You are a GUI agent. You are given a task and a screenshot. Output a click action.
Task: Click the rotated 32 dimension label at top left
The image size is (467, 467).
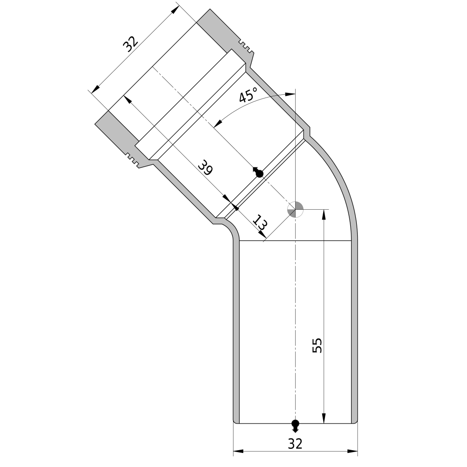tap(131, 44)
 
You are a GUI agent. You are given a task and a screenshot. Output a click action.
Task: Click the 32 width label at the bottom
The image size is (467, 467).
tap(295, 444)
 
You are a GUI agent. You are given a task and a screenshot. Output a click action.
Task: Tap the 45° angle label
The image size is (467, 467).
tap(248, 94)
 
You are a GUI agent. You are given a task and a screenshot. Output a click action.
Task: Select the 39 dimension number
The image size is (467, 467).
tap(205, 167)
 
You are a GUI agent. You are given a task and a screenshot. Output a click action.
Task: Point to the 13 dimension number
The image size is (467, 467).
tap(260, 222)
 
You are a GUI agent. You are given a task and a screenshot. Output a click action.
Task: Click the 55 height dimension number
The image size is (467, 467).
tap(317, 346)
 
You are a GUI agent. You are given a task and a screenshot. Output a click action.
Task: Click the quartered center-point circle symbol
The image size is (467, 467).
tap(295, 209)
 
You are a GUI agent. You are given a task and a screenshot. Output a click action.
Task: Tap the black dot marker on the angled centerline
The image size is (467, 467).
tap(259, 172)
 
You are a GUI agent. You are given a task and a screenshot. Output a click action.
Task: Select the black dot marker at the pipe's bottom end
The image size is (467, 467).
tap(295, 425)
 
